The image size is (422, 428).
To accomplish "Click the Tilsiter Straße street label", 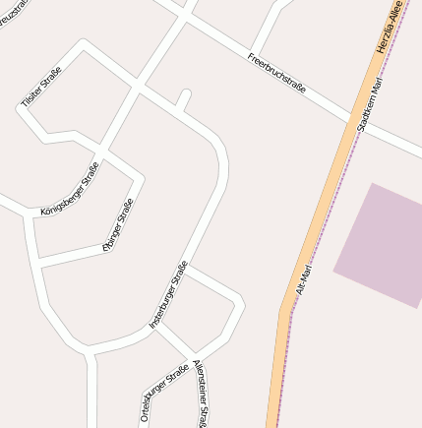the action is pyautogui.click(x=41, y=87).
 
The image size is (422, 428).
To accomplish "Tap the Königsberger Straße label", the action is pyautogui.click(x=71, y=189).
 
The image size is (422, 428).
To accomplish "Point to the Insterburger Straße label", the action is pyautogui.click(x=168, y=294).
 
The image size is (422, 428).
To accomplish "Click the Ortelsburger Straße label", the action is pyautogui.click(x=163, y=395).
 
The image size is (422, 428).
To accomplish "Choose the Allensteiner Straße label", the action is pyautogui.click(x=201, y=394).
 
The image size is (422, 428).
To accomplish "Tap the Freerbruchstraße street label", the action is pyautogui.click(x=276, y=73).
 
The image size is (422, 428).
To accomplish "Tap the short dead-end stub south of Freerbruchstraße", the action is pyautogui.click(x=183, y=99).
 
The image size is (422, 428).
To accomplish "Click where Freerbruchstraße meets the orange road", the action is pyautogui.click(x=355, y=121).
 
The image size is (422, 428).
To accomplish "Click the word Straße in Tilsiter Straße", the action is pyautogui.click(x=50, y=76).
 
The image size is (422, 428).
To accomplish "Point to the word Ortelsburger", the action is pyautogui.click(x=155, y=403).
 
